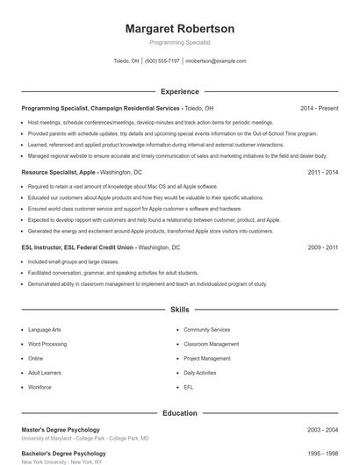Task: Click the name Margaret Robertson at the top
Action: (x=179, y=29)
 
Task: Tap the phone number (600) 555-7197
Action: (x=162, y=61)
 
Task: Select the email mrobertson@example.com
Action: (x=216, y=61)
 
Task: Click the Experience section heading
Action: (x=179, y=91)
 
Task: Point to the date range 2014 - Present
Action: (x=319, y=108)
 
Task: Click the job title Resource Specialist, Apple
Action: (x=58, y=173)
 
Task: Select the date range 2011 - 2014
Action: (x=323, y=173)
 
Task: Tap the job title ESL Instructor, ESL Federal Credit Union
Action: (x=78, y=248)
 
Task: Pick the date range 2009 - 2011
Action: (x=323, y=248)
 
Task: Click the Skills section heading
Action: (x=179, y=310)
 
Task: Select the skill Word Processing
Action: (x=47, y=344)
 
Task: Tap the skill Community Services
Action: (x=207, y=330)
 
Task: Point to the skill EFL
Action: (x=189, y=387)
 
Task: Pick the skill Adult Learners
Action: (x=45, y=373)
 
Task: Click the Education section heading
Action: (x=179, y=412)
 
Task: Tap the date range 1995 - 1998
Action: (x=323, y=454)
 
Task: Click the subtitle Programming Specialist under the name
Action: (x=179, y=42)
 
